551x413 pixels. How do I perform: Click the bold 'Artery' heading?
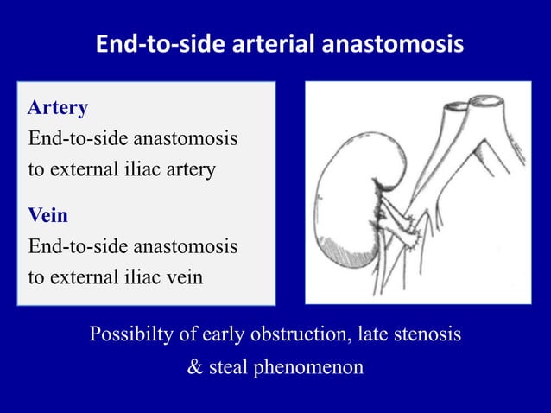[x=58, y=108]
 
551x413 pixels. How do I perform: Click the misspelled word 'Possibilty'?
[x=132, y=334]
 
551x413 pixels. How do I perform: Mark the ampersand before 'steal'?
[x=194, y=366]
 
